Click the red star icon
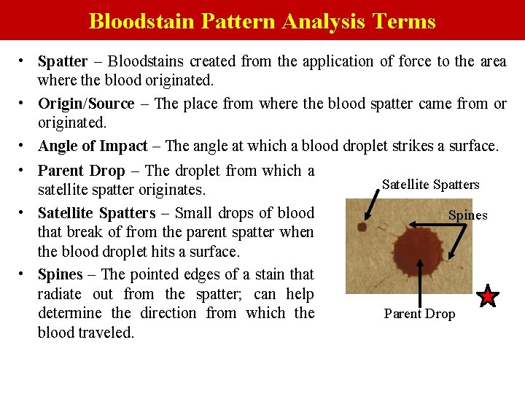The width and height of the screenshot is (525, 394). coord(488,296)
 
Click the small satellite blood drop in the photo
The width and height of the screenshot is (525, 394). coord(361,228)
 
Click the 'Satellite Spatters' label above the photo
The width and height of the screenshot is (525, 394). coord(431,185)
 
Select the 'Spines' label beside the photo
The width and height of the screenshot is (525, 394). coord(467,215)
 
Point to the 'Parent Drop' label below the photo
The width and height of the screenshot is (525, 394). coord(419,314)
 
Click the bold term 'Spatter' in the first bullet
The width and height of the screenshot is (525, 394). coord(63,61)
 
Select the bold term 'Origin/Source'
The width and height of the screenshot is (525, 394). coord(86,104)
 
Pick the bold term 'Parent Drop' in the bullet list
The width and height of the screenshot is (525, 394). coord(81,171)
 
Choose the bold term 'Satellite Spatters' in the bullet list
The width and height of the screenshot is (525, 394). coord(96,213)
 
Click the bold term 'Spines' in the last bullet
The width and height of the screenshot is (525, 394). coord(61,274)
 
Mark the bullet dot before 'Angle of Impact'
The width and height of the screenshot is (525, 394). coord(24,145)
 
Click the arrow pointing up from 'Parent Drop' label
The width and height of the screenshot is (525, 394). coord(420,281)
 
